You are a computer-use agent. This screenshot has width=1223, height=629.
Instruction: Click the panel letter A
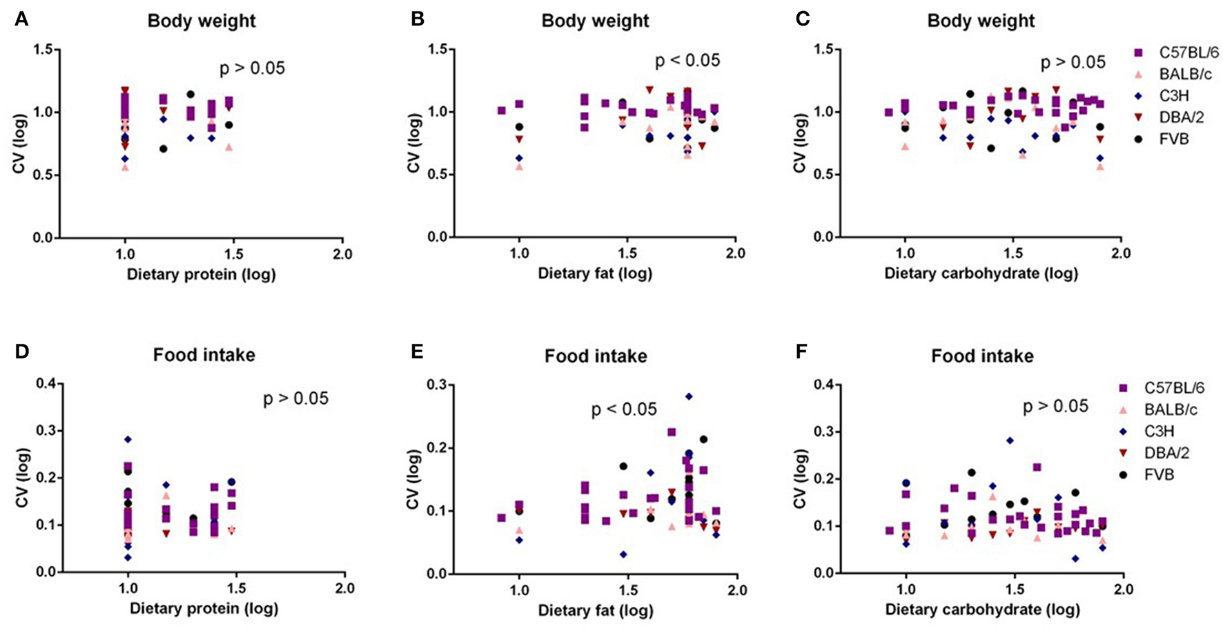coord(21,19)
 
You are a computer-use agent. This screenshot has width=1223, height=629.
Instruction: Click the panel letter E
coord(417,352)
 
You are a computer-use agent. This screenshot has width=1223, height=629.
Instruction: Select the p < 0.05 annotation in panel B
coord(687,61)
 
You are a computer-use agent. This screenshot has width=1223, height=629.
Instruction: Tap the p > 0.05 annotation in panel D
coord(295,398)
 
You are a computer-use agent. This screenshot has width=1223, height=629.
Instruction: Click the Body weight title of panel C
coord(980,21)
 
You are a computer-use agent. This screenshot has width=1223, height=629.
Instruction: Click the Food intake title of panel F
coord(982,356)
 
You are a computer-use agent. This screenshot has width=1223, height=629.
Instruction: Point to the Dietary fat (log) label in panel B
coord(595,274)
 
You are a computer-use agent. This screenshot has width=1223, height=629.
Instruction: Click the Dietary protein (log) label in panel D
coord(204,609)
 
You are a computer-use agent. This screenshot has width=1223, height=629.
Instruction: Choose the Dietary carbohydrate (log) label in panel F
coord(982,610)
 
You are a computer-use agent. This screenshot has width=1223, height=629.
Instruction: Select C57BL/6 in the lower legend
coord(1174,388)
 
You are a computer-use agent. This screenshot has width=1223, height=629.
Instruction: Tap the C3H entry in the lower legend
coord(1159,432)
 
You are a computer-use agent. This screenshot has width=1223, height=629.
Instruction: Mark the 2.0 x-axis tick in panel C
coord(1121,253)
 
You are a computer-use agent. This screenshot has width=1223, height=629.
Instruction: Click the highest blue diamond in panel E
coord(688,396)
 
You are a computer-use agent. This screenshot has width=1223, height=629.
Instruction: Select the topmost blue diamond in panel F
coord(1010,440)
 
